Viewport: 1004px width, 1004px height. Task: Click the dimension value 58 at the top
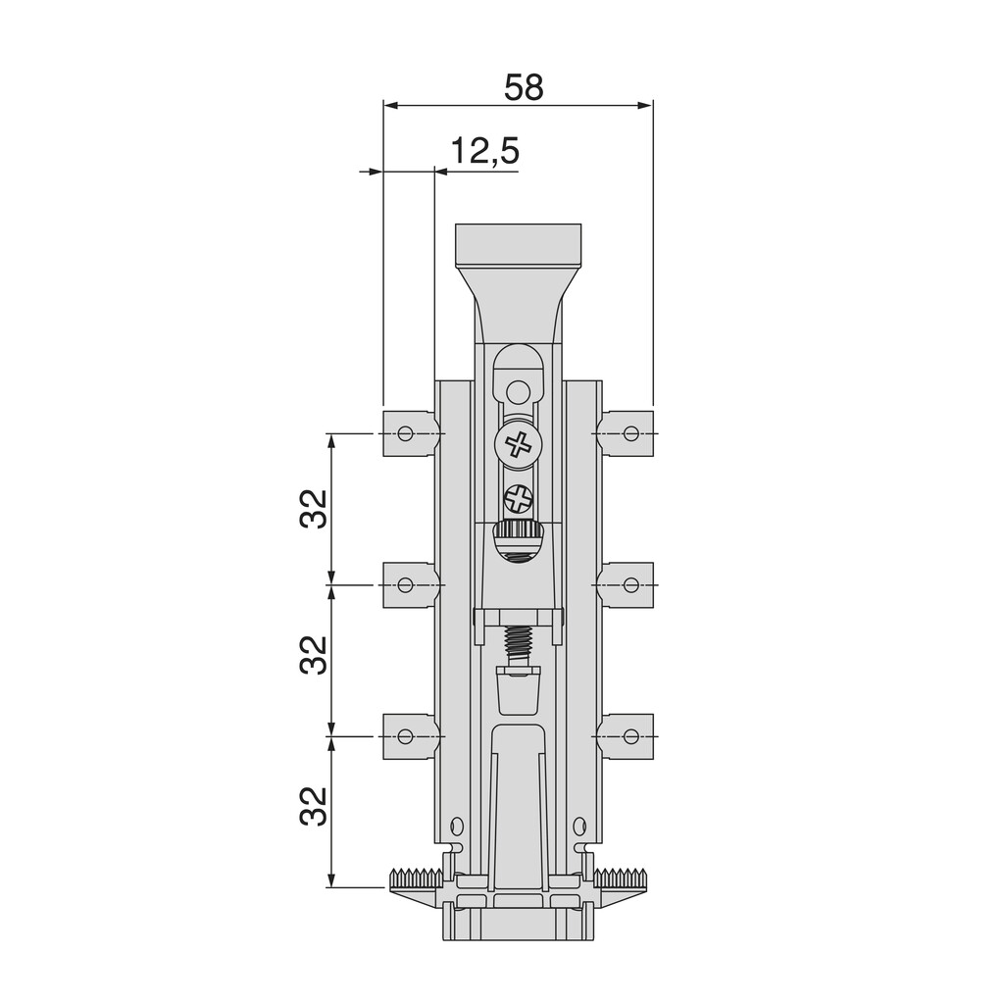tap(523, 87)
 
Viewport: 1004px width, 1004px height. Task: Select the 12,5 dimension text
tap(484, 152)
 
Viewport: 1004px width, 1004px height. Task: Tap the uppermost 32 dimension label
tap(314, 508)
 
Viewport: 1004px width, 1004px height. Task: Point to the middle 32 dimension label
tap(314, 655)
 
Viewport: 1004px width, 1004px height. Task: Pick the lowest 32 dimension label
tap(314, 806)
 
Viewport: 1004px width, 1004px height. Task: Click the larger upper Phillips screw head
tap(518, 445)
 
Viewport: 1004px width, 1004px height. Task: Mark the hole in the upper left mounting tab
tap(404, 433)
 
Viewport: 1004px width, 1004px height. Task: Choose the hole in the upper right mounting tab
tap(630, 433)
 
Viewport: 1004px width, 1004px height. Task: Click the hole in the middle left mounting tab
tap(404, 585)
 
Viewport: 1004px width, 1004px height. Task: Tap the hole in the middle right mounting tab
tap(630, 585)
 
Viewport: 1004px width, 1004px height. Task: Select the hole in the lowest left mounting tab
tap(404, 735)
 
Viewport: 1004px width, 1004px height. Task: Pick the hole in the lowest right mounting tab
tap(630, 735)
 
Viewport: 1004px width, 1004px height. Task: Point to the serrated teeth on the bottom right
tap(622, 876)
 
